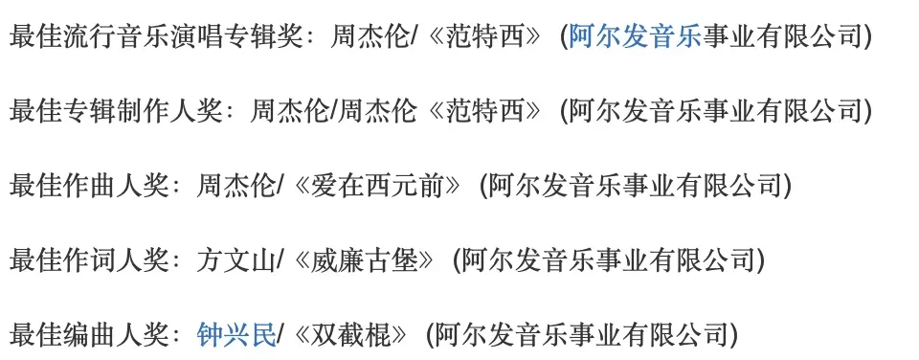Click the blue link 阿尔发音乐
635,37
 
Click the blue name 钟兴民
236,335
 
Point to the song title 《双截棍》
350,335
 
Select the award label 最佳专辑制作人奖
116,112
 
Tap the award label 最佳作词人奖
89,261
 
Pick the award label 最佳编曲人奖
89,335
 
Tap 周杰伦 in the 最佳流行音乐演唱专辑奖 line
370,37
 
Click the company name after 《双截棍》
581,335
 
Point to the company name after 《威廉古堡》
608,261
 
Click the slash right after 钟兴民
280,335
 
